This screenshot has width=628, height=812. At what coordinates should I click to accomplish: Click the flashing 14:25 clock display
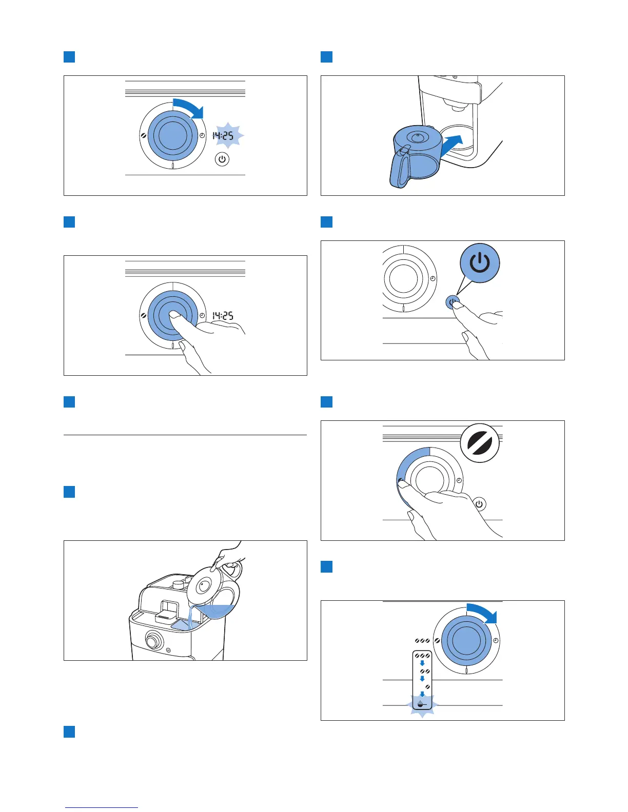pyautogui.click(x=223, y=136)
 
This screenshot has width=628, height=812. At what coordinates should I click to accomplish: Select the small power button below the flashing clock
pyautogui.click(x=222, y=159)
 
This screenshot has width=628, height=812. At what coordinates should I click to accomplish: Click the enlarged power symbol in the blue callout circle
pyautogui.click(x=479, y=263)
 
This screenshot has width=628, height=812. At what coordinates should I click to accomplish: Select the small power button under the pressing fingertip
pyautogui.click(x=452, y=302)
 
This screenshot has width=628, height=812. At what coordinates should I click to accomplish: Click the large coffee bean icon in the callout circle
pyautogui.click(x=480, y=442)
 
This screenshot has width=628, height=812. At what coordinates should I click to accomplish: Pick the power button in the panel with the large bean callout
pyautogui.click(x=479, y=504)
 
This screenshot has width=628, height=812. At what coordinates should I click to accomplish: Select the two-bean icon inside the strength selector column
pyautogui.click(x=424, y=672)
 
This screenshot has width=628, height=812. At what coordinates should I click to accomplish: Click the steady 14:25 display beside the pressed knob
pyautogui.click(x=223, y=316)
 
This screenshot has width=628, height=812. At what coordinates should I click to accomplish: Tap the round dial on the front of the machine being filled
pyautogui.click(x=152, y=641)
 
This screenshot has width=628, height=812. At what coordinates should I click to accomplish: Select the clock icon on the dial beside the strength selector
pyautogui.click(x=496, y=641)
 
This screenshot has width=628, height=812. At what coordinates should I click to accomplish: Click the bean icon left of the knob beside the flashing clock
pyautogui.click(x=143, y=136)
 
